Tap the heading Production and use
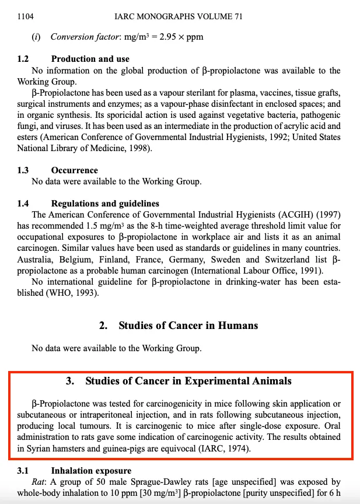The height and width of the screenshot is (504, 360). pos(90,59)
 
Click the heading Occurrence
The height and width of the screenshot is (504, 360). pos(75,170)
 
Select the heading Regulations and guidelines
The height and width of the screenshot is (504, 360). pos(105,204)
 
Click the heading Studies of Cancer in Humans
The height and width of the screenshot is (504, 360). pos(188,325)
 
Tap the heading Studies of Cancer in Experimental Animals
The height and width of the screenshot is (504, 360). pos(188,381)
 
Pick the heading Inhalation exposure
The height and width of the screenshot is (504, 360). pos(91,470)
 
